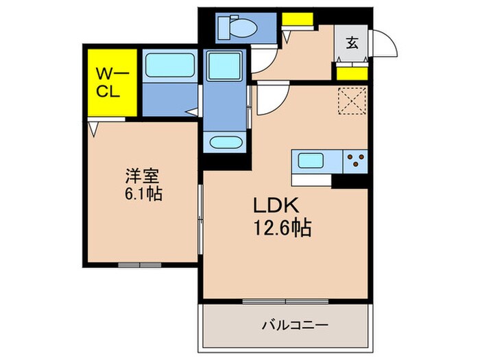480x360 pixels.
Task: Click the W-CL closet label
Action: click(x=112, y=82)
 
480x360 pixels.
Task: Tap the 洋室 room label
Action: click(x=142, y=176)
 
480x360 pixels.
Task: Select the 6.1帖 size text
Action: click(x=143, y=193)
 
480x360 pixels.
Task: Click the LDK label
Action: click(x=276, y=206)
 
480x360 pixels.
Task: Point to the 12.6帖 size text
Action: click(x=283, y=228)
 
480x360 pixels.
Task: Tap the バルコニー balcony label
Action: click(x=294, y=324)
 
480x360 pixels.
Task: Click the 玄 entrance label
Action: click(x=352, y=43)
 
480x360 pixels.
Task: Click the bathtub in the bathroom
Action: click(x=170, y=65)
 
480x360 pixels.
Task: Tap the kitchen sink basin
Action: click(x=311, y=160)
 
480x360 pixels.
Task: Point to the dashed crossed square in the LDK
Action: click(x=352, y=101)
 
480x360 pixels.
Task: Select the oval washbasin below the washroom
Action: click(x=226, y=143)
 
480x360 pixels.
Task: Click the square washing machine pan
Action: click(x=224, y=66)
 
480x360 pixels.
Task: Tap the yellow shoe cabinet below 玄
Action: click(x=352, y=74)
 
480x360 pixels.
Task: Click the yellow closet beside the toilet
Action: click(x=298, y=19)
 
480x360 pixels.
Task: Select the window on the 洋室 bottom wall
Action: click(x=140, y=265)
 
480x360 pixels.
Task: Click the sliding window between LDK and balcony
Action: click(x=285, y=302)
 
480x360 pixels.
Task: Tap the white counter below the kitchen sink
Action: click(x=311, y=180)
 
